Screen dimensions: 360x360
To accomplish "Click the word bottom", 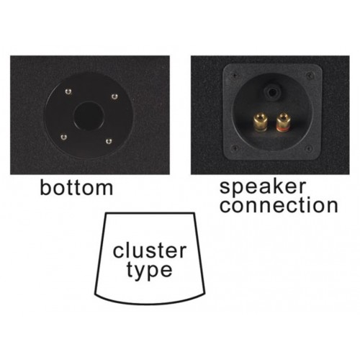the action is pyautogui.click(x=76, y=188).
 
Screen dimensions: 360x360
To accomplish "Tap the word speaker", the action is pyautogui.click(x=263, y=188).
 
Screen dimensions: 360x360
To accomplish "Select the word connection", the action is pyautogui.click(x=279, y=205).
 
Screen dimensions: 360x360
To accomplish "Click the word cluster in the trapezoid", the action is pyautogui.click(x=150, y=251).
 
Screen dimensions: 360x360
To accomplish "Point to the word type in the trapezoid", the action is pyautogui.click(x=149, y=271).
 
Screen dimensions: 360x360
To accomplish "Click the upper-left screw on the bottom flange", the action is pyautogui.click(x=68, y=91).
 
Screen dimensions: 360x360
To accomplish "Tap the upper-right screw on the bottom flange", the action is pyautogui.click(x=114, y=96).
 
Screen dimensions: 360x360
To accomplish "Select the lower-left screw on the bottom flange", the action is pyautogui.click(x=63, y=137).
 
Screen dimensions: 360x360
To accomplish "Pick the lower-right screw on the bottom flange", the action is pyautogui.click(x=109, y=141).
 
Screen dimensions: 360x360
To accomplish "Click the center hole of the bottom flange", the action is pyautogui.click(x=89, y=116).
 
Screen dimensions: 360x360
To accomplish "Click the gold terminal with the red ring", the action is pyautogui.click(x=283, y=122).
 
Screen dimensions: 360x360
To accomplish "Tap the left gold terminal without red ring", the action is pyautogui.click(x=261, y=122).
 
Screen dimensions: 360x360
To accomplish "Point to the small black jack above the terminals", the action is pyautogui.click(x=272, y=92).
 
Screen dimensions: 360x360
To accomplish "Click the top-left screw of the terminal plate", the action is pyautogui.click(x=233, y=76).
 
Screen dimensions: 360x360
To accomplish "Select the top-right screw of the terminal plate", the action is pyautogui.click(x=310, y=75).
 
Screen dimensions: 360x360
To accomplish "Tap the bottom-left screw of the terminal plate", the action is pyautogui.click(x=234, y=148).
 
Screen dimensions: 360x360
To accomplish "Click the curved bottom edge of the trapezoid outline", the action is pyautogui.click(x=150, y=303).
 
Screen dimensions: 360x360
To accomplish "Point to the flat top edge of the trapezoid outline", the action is pyautogui.click(x=150, y=213).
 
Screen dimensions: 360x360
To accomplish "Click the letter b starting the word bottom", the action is pyautogui.click(x=44, y=188).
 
